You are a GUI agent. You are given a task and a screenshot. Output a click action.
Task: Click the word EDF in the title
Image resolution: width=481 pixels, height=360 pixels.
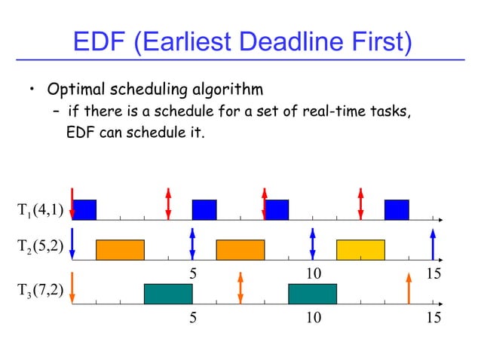click(x=99, y=41)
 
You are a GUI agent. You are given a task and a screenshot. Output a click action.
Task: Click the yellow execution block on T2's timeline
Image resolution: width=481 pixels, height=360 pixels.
click(x=360, y=249)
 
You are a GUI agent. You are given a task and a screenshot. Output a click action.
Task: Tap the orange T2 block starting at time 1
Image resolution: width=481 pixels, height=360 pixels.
click(x=119, y=249)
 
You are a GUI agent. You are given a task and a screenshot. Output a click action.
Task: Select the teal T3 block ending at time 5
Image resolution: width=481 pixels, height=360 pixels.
click(x=167, y=294)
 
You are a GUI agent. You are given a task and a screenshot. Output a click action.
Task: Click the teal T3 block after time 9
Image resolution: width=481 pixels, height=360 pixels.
click(x=312, y=294)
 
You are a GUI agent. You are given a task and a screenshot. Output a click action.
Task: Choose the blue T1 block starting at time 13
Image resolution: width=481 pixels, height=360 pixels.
click(x=396, y=209)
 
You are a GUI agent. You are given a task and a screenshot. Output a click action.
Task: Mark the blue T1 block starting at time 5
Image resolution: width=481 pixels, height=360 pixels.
click(x=204, y=209)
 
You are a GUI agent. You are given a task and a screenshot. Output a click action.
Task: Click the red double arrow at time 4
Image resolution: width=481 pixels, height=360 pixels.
click(x=168, y=203)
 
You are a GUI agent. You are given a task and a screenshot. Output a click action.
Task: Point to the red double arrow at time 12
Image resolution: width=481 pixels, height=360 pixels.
click(x=360, y=203)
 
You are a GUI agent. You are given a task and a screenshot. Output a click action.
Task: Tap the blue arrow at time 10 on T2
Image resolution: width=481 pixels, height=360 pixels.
click(x=312, y=243)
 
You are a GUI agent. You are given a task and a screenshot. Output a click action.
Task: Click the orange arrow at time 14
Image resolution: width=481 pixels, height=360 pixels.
click(x=409, y=288)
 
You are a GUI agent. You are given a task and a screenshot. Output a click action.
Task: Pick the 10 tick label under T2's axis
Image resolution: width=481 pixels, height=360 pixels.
click(x=313, y=274)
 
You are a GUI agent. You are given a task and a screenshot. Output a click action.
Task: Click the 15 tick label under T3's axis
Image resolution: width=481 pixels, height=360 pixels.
click(x=433, y=319)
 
